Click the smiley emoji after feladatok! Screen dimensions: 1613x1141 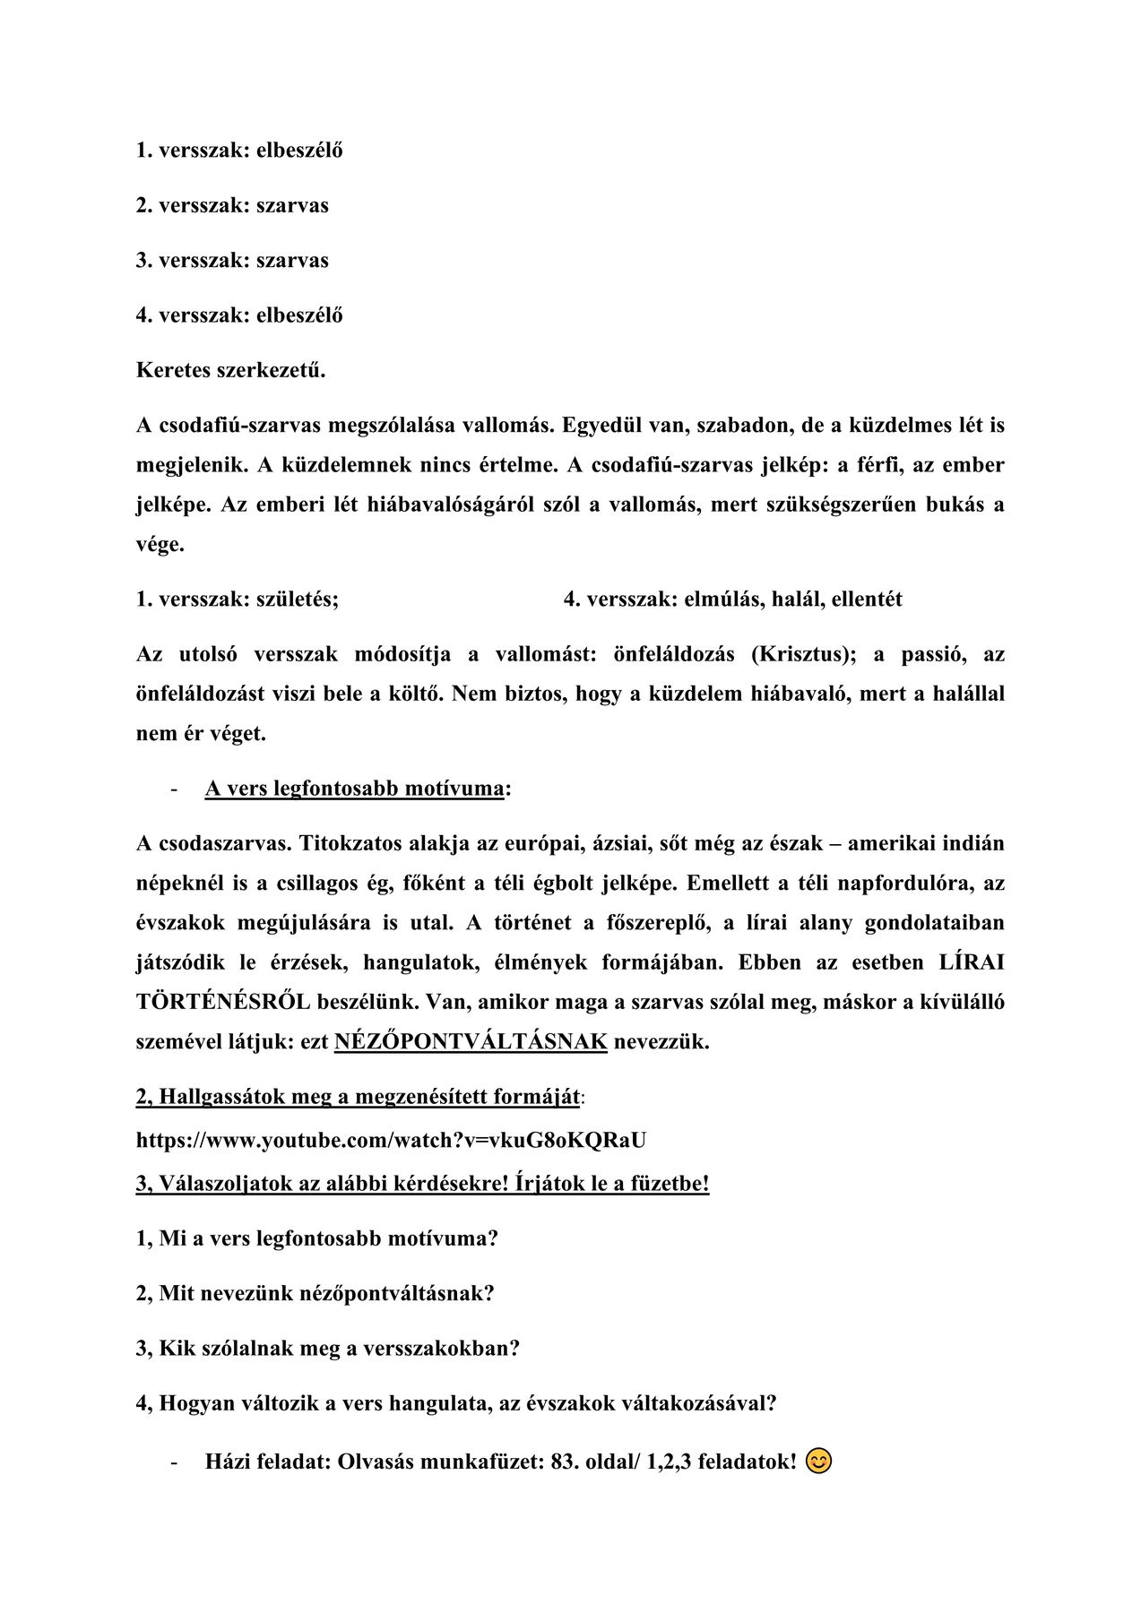click(818, 1462)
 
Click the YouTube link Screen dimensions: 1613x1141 click(391, 1140)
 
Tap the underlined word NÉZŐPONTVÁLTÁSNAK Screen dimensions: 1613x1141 click(471, 1042)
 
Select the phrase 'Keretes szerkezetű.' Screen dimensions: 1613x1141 click(230, 370)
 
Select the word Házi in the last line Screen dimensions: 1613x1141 click(229, 1462)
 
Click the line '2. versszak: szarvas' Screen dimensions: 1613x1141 click(232, 205)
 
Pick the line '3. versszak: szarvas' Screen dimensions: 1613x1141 click(232, 261)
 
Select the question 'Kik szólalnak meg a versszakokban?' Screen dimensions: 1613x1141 click(328, 1348)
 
